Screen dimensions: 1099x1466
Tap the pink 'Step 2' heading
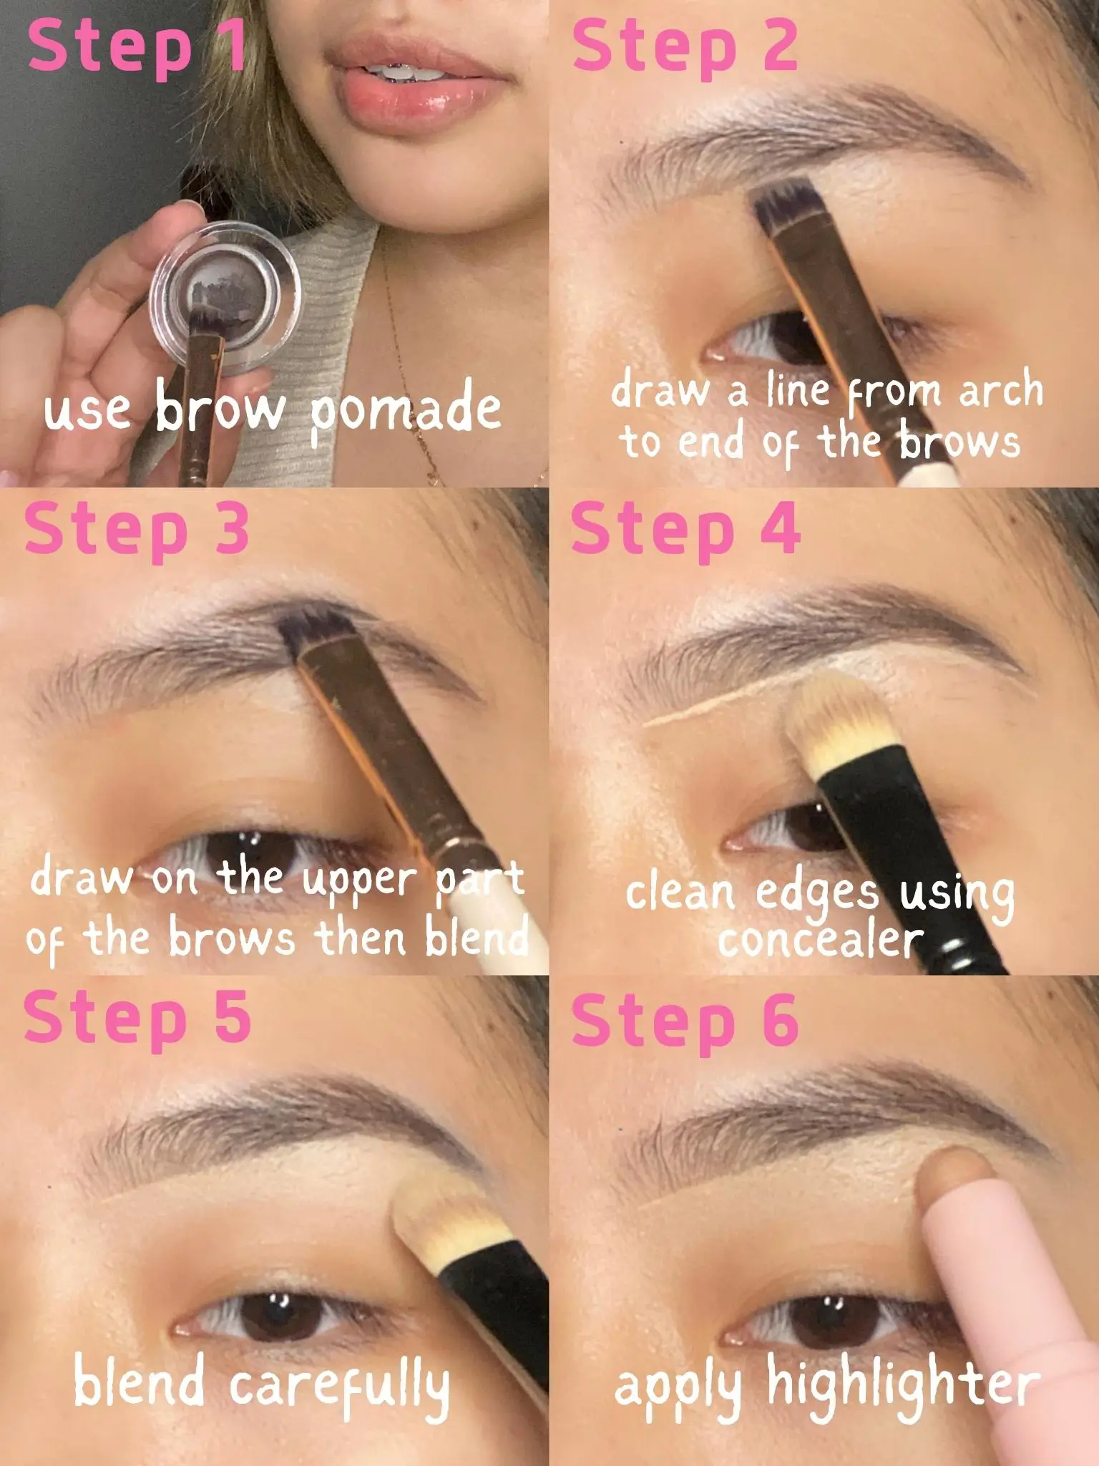click(x=685, y=47)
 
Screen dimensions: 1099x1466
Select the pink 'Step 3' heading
click(x=137, y=530)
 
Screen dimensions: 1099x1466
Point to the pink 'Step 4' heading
click(x=685, y=530)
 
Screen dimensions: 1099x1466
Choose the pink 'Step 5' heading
click(x=137, y=1018)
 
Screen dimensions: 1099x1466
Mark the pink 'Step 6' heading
click(x=685, y=1018)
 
